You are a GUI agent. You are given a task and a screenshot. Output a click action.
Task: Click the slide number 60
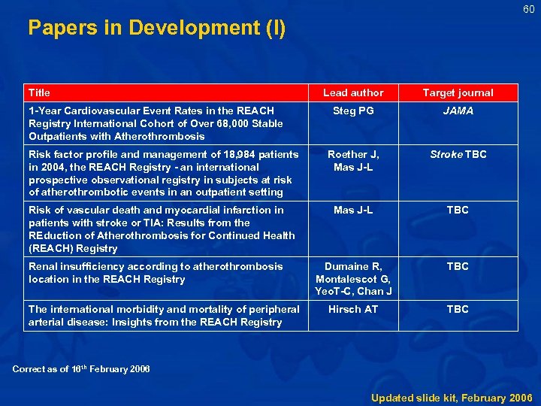coord(529,9)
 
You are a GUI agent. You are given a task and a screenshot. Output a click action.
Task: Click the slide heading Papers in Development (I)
coord(156,28)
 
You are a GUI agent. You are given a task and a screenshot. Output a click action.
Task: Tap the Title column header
coord(39,92)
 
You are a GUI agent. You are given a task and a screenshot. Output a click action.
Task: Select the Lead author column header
coord(353,92)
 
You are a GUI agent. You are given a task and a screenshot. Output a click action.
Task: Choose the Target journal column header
coord(458,92)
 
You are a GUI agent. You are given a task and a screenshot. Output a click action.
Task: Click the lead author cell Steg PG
coord(353,111)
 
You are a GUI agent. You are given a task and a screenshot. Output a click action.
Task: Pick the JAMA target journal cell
coord(458,111)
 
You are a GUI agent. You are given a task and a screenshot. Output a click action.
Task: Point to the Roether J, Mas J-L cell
coord(353,160)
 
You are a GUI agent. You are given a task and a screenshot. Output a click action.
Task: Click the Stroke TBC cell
coord(458,154)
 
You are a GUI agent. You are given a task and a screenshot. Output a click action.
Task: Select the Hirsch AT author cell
coord(353,309)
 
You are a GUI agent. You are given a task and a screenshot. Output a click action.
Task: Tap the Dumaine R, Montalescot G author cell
coord(353,278)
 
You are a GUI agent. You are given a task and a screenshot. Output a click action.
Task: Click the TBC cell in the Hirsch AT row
coord(458,309)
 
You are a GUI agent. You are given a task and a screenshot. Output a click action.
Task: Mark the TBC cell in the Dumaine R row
coord(458,266)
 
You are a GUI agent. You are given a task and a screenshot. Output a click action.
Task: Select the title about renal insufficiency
coord(156,272)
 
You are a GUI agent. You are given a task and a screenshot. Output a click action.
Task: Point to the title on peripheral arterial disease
coord(164,315)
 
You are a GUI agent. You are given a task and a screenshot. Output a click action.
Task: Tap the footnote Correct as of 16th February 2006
coord(81,368)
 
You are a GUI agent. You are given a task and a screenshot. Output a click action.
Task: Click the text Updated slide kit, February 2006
coord(452,397)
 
